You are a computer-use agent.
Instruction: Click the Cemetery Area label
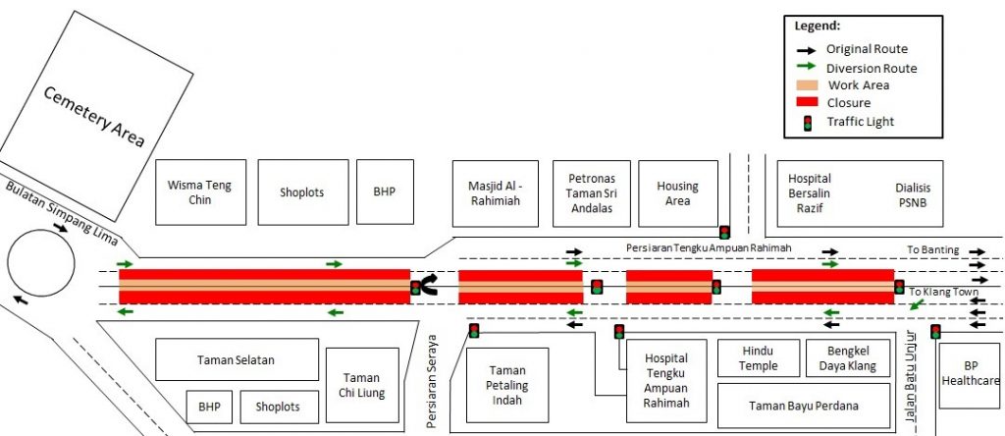coord(94,117)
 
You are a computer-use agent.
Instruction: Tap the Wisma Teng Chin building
coord(200,192)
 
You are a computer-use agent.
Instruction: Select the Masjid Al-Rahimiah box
coord(496,193)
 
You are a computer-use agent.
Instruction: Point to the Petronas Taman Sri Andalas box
coord(592,193)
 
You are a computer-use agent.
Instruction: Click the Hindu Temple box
coord(759,358)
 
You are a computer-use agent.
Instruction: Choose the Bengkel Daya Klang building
coord(848,358)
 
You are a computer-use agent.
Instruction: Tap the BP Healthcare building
coord(971,375)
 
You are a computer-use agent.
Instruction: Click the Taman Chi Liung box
coord(362,385)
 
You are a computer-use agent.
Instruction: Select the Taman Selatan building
coord(238,359)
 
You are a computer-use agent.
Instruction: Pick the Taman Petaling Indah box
coord(507,385)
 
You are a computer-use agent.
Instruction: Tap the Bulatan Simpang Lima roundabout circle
coord(41,263)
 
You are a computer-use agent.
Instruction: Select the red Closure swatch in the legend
coord(807,102)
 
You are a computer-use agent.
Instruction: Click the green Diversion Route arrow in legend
coord(807,66)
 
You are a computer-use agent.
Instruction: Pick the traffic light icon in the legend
coord(808,122)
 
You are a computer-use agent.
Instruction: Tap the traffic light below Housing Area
coord(724,232)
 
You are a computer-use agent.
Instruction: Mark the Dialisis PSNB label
coord(913,195)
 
